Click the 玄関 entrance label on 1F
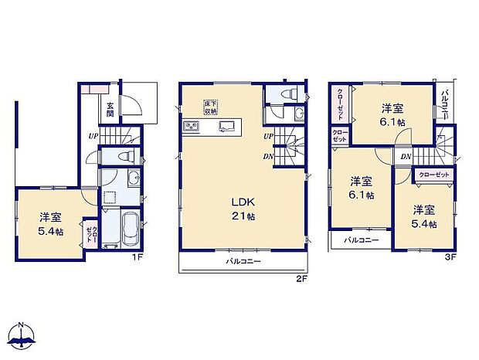[110, 110]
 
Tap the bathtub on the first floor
[130, 227]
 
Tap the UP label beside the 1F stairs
[93, 137]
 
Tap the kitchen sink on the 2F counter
[227, 127]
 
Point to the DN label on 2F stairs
[267, 157]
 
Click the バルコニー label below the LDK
[243, 263]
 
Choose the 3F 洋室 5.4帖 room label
[423, 216]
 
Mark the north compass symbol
[23, 334]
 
